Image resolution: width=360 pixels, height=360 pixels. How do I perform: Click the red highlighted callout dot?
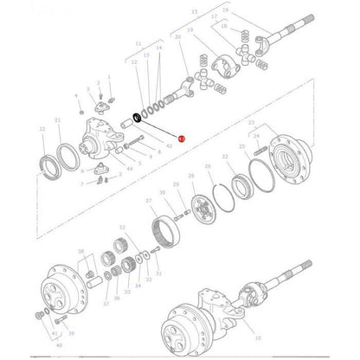coord(180,138)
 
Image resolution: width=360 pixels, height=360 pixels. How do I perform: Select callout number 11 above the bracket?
coord(138,42)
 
